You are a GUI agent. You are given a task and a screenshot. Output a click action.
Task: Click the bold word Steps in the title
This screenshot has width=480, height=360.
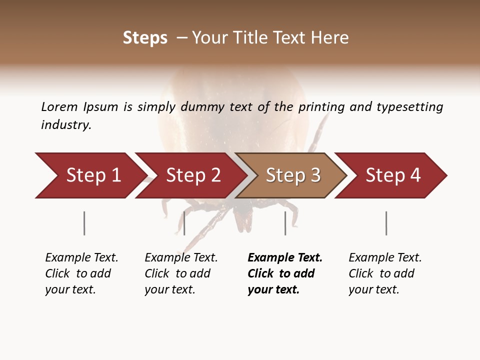[x=145, y=38]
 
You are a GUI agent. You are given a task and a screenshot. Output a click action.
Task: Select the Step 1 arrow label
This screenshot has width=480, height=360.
[x=93, y=175]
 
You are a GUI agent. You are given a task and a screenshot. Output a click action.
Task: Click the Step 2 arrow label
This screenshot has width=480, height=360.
[x=193, y=175]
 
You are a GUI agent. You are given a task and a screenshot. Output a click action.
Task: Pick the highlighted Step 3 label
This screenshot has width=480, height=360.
[x=293, y=175]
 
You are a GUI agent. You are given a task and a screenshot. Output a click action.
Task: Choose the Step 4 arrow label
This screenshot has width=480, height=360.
[x=393, y=175]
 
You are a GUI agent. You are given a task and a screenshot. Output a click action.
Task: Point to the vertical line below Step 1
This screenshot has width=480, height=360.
[x=84, y=223]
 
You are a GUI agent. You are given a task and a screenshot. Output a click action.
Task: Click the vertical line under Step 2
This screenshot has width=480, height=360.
[x=184, y=223]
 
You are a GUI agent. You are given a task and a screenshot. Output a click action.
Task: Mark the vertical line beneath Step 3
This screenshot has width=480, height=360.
[x=285, y=223]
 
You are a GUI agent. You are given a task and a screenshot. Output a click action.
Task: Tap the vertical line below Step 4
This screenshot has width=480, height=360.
[x=386, y=223]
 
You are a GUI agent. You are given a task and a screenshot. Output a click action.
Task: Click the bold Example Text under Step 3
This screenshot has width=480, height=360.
[x=285, y=257]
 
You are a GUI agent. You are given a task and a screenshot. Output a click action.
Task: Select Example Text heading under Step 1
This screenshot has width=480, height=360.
[x=81, y=257]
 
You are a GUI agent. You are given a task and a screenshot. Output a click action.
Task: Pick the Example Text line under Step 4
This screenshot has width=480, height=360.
[x=385, y=257]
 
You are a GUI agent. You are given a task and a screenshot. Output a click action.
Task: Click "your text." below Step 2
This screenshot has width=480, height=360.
[x=170, y=289]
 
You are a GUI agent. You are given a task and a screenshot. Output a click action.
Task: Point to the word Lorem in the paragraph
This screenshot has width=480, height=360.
[x=59, y=106]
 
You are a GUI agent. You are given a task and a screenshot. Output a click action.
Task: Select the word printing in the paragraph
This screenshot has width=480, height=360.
[x=322, y=107]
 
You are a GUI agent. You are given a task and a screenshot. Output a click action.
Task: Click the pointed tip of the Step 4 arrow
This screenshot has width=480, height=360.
[x=445, y=175]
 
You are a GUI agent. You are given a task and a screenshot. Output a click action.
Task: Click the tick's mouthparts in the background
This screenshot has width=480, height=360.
[x=243, y=220]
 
